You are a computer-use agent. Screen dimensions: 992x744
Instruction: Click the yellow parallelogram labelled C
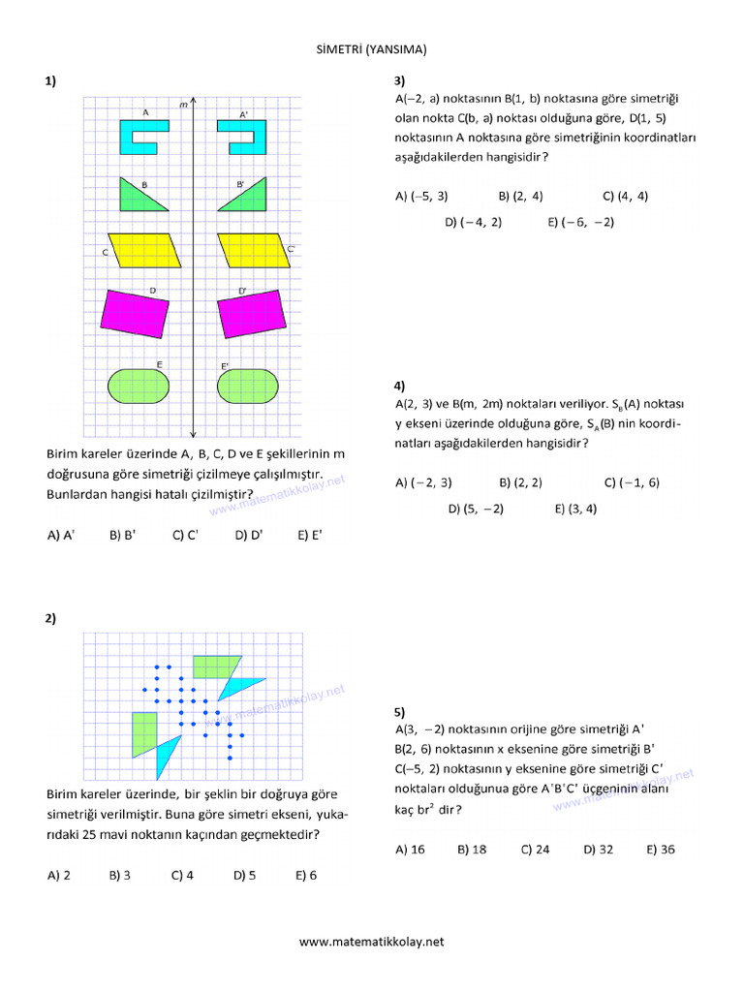(145, 250)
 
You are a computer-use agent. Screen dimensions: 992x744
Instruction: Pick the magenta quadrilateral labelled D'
(251, 313)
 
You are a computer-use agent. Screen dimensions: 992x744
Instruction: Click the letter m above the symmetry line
(183, 104)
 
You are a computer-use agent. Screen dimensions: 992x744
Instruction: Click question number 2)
(50, 618)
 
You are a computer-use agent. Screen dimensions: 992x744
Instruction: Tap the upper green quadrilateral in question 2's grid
(215, 666)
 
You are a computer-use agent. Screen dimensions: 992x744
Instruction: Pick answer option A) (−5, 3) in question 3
(421, 196)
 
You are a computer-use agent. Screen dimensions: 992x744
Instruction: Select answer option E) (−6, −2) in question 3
(580, 222)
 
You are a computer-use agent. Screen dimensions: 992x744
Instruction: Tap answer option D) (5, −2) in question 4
(476, 508)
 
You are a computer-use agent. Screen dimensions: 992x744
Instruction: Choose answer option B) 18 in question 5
(472, 850)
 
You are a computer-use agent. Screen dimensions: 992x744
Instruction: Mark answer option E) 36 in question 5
(661, 850)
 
